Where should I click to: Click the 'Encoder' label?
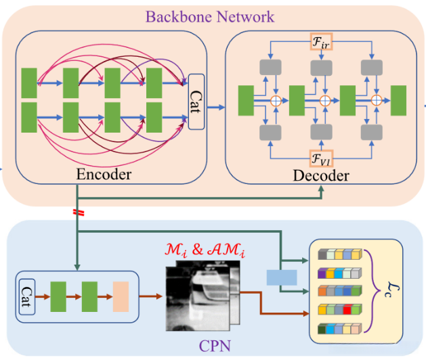(x=104, y=175)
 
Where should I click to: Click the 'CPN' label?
(x=215, y=346)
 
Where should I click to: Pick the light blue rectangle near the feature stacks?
(x=281, y=277)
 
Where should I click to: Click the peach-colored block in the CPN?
(x=121, y=295)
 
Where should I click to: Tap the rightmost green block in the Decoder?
(x=398, y=99)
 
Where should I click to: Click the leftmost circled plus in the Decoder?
(x=275, y=100)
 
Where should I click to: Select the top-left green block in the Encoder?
(x=29, y=81)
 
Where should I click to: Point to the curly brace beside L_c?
(x=371, y=291)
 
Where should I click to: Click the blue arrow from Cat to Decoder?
(x=215, y=106)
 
